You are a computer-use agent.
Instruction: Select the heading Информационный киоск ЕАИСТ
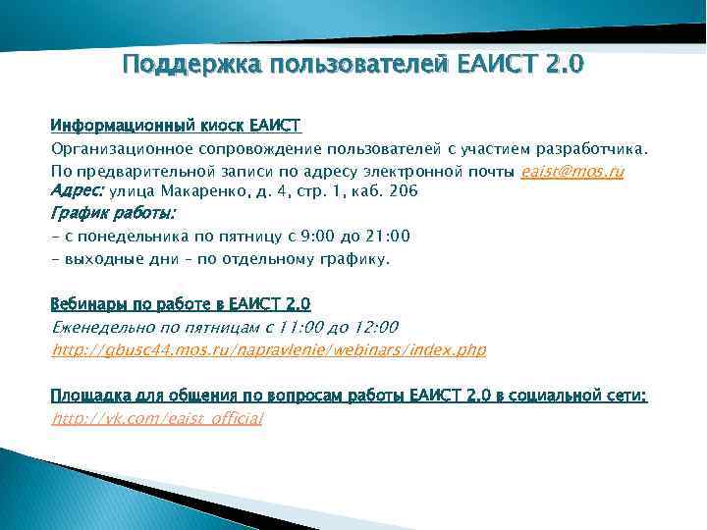coord(176,126)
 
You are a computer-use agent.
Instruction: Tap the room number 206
coord(404,191)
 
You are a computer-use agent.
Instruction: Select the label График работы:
coord(112,212)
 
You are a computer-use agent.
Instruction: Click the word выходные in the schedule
coord(102,259)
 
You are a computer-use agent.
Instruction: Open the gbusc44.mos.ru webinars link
coord(268,349)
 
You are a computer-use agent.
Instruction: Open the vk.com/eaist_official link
coord(157,419)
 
